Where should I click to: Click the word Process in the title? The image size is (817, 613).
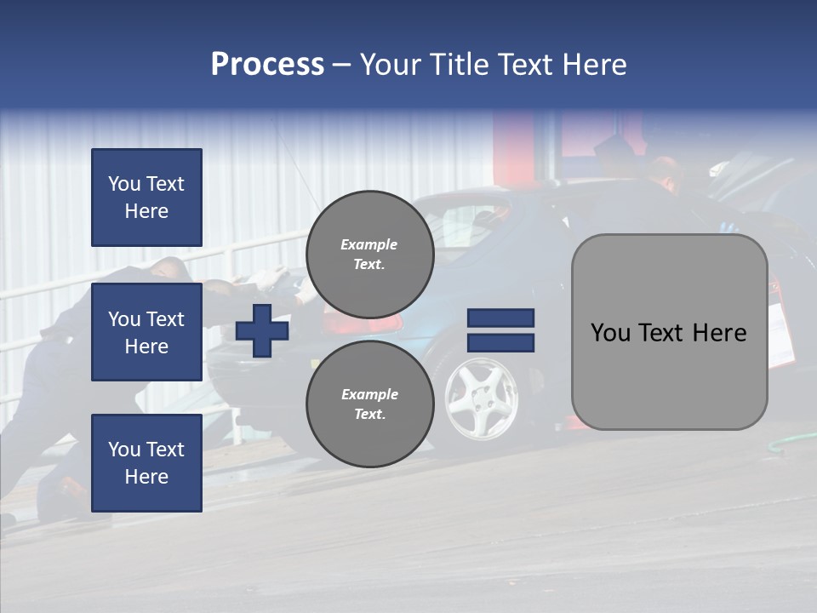point(267,64)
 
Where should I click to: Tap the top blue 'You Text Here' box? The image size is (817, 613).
point(146,198)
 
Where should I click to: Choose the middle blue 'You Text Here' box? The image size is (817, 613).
point(146,332)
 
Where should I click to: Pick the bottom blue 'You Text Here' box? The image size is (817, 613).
point(146,462)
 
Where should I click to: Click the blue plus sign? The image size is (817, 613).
point(262,330)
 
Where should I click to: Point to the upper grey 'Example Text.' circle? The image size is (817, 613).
point(370,255)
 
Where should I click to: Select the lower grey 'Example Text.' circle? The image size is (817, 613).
point(370,404)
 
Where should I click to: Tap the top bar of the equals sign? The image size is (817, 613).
point(500,318)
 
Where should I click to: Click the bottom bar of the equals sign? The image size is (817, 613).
point(500,343)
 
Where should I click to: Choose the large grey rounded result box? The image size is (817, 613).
point(669,332)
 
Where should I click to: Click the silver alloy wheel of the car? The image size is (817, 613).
point(481,398)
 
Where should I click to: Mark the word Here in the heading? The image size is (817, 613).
point(591,64)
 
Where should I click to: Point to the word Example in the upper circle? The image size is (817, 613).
point(369,244)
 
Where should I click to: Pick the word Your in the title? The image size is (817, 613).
point(391,64)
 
